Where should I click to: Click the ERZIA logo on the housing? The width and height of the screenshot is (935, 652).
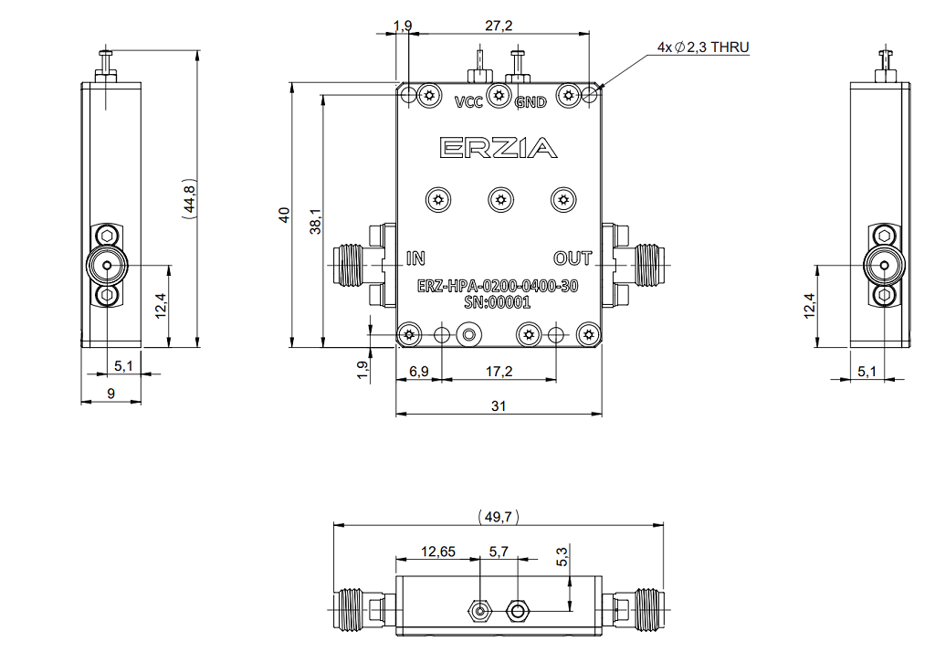(x=499, y=147)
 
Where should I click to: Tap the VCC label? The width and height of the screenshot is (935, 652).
(x=468, y=102)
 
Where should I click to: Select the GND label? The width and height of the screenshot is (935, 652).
(x=531, y=102)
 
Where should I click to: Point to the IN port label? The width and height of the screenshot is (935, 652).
(x=415, y=258)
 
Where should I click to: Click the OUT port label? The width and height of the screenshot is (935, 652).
(x=573, y=258)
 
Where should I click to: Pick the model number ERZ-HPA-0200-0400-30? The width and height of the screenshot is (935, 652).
(x=498, y=287)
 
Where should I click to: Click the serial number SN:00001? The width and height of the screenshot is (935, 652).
(x=498, y=303)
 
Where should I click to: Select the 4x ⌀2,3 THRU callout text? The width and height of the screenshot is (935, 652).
(x=703, y=47)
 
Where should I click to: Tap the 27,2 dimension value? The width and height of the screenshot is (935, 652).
(x=499, y=26)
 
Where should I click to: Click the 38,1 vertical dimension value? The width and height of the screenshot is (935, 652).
(x=315, y=221)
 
